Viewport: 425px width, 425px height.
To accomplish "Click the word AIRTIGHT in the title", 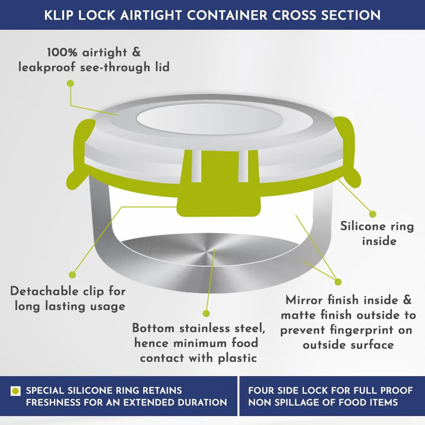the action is tap(151, 15).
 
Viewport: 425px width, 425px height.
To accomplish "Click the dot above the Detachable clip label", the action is tap(72, 275).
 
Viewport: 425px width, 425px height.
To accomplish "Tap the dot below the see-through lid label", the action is tap(71, 83).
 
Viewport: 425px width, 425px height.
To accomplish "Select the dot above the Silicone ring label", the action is tap(373, 214).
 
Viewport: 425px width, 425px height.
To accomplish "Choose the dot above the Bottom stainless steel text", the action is tap(206, 314).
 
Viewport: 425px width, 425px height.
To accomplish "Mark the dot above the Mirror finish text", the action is tap(338, 282).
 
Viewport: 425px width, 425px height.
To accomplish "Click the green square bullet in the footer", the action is tap(15, 391).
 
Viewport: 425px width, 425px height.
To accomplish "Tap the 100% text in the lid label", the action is tap(62, 52).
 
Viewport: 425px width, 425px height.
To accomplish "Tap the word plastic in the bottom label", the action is tap(238, 359).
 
